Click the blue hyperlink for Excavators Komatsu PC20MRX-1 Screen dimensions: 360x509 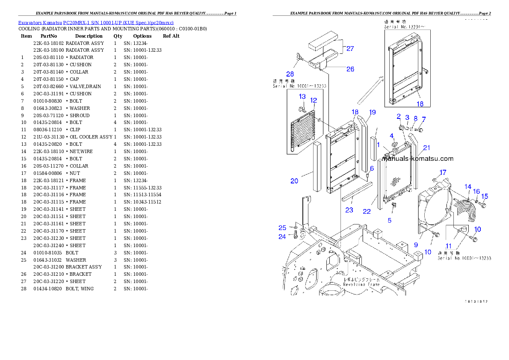[x=96, y=22]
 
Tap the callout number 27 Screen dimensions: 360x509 [x=350, y=49]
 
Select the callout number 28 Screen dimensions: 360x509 [x=290, y=74]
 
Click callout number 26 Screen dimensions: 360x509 [x=350, y=69]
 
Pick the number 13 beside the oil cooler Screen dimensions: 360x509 [x=302, y=97]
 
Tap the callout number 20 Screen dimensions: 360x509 [x=294, y=181]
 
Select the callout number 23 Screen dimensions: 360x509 [x=349, y=210]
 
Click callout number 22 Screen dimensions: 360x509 [x=367, y=212]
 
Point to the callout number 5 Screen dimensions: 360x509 [x=389, y=221]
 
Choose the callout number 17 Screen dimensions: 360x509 [x=443, y=172]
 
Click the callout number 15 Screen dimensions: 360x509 [x=484, y=196]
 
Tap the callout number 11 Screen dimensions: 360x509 [x=448, y=246]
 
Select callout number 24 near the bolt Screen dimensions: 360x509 [x=282, y=237]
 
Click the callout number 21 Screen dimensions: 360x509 [x=426, y=148]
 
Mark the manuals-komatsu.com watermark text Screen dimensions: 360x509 [x=418, y=159]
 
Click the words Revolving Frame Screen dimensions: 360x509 [x=361, y=284]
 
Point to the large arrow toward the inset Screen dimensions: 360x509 [x=370, y=89]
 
